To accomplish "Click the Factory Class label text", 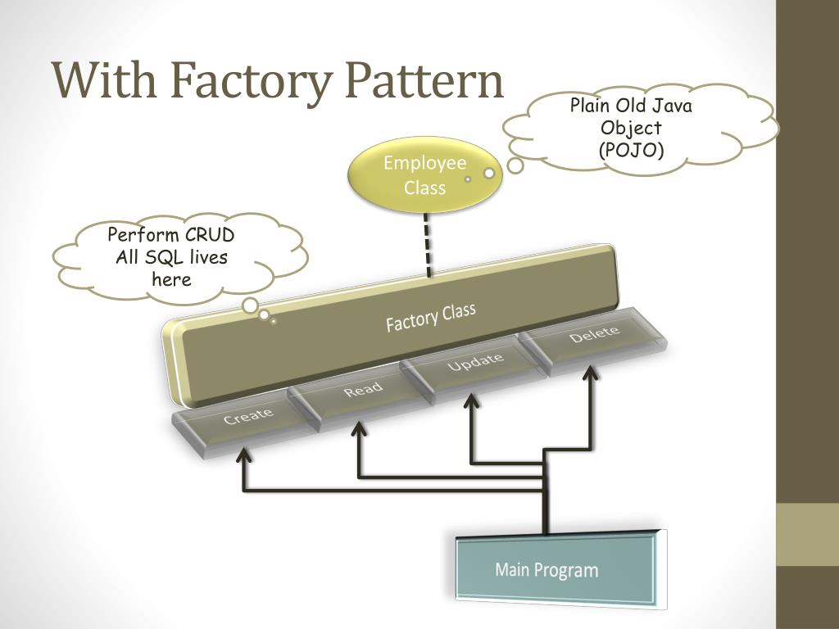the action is click(x=431, y=317).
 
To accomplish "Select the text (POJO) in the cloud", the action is click(x=632, y=150).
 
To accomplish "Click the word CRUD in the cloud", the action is click(x=209, y=235).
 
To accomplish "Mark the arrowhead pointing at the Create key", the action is click(x=244, y=455).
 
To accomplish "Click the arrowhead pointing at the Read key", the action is click(x=359, y=428).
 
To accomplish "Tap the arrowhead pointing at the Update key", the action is click(x=471, y=400).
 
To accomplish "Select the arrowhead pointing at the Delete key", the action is click(x=590, y=373).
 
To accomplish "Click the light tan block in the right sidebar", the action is click(x=807, y=534).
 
